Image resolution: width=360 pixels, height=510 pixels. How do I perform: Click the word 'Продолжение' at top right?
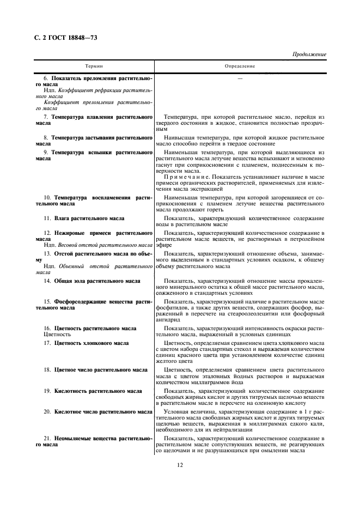tap(309, 54)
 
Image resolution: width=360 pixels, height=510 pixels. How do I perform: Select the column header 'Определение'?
tap(240, 66)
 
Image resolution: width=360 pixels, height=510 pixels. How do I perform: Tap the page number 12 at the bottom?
tap(180, 465)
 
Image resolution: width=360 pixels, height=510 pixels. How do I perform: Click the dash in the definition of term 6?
tap(240, 79)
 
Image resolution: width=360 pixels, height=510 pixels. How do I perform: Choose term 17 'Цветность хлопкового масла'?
tap(91, 343)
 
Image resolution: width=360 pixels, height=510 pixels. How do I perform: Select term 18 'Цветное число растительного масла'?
tap(100, 370)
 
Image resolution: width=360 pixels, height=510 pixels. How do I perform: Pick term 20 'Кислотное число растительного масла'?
tap(103, 412)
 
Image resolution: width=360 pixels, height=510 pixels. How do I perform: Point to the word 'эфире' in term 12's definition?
tap(163, 245)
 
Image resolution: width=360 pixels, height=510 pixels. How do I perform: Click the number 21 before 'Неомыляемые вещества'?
tap(48, 439)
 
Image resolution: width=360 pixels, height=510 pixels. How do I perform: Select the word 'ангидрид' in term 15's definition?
tap(167, 320)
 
